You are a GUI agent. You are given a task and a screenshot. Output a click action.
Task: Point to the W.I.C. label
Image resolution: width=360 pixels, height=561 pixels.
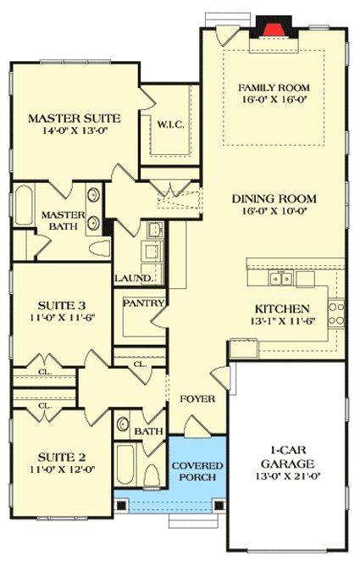pos(170,125)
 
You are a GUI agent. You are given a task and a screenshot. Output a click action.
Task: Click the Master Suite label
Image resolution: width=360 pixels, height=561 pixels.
pos(74,118)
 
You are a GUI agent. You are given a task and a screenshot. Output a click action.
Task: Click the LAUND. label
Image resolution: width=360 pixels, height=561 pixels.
pos(135,278)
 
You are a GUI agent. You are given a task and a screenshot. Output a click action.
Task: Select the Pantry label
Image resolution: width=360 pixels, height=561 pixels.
pos(142,302)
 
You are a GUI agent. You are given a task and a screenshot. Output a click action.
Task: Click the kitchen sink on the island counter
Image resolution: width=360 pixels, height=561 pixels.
pos(279,278)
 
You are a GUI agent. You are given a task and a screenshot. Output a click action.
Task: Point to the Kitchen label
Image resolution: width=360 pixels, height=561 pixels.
pos(282,309)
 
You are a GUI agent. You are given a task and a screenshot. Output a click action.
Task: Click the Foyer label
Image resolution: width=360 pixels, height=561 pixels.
pos(197,398)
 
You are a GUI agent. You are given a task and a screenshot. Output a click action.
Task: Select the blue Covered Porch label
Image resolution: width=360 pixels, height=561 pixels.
pos(197,471)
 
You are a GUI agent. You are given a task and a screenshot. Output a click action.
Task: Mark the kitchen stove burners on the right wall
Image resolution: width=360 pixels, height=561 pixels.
pos(335,313)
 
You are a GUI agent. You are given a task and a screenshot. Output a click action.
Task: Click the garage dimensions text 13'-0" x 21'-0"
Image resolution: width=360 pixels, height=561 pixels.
pos(288,477)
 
